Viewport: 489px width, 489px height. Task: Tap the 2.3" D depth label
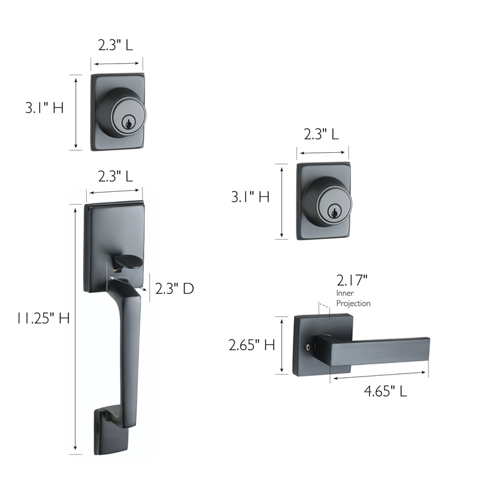tap(174, 289)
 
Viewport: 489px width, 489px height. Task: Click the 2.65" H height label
tap(252, 345)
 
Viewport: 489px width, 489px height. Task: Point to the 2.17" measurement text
tap(351, 281)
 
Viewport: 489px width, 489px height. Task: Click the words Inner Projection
tap(353, 298)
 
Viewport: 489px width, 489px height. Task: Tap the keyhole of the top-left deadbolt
tap(128, 121)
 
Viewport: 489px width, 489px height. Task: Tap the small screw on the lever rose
tap(307, 348)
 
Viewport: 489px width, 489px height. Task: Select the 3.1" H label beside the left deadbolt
tap(44, 108)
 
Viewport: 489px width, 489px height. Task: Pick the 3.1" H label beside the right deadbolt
tap(249, 197)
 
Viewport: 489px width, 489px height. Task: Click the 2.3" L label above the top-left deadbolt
tap(116, 44)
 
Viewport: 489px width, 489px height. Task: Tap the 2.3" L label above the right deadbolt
tap(322, 134)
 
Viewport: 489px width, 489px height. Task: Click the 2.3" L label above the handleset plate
tap(116, 177)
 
